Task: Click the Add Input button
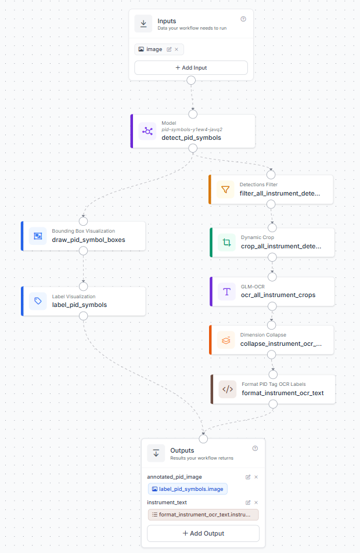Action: tap(191, 68)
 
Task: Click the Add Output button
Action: tap(203, 533)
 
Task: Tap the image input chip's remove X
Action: tap(177, 49)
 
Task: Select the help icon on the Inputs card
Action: tap(243, 19)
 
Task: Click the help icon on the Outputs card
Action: tap(255, 448)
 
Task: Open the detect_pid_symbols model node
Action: tap(193, 131)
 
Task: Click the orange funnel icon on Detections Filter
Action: tap(225, 190)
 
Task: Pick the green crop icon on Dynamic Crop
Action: tap(226, 243)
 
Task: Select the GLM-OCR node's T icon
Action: tap(226, 292)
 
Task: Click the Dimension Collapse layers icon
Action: tap(226, 340)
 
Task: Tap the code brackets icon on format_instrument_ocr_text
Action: tap(228, 389)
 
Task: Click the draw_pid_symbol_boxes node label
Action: tap(89, 240)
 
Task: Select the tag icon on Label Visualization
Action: tap(38, 301)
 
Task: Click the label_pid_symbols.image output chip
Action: tap(188, 489)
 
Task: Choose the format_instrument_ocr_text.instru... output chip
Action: tap(203, 515)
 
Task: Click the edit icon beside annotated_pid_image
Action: tap(248, 477)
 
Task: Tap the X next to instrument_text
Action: tap(256, 503)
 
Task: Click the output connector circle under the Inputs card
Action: tap(191, 81)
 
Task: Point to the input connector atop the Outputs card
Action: tap(203, 439)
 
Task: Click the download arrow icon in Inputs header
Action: tap(143, 24)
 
